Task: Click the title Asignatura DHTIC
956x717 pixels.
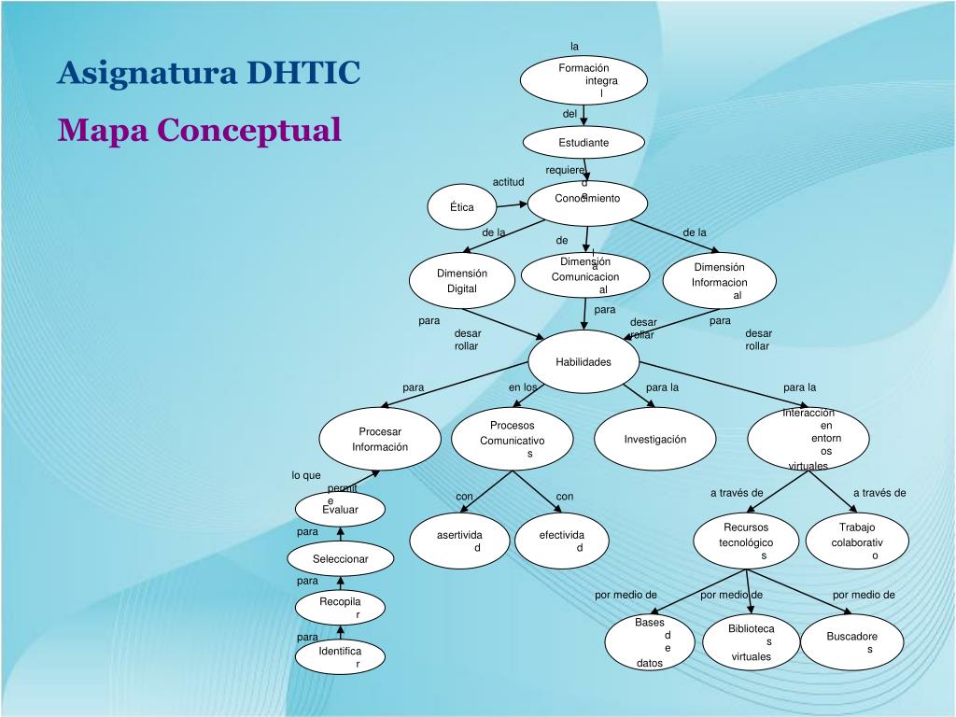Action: (x=208, y=72)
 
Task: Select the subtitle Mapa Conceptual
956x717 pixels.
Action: (x=200, y=130)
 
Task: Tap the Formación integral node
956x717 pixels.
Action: (x=583, y=80)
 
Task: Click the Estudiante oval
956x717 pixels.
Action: (x=583, y=143)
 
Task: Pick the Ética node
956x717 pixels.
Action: (x=462, y=207)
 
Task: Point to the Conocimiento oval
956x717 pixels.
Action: (x=587, y=202)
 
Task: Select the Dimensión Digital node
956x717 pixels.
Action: (x=462, y=281)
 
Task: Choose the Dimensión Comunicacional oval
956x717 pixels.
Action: (x=584, y=275)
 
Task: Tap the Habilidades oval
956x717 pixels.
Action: (x=583, y=362)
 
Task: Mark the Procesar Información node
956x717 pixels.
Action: (x=380, y=439)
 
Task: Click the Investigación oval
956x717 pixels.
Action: (x=655, y=439)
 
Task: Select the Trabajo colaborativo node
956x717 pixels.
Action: (x=857, y=541)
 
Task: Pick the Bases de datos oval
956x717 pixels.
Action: (x=650, y=642)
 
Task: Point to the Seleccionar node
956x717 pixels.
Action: (x=340, y=559)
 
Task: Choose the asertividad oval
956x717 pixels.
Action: (x=460, y=541)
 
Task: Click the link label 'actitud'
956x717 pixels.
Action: (x=509, y=182)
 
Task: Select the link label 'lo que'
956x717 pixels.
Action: (x=305, y=475)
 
